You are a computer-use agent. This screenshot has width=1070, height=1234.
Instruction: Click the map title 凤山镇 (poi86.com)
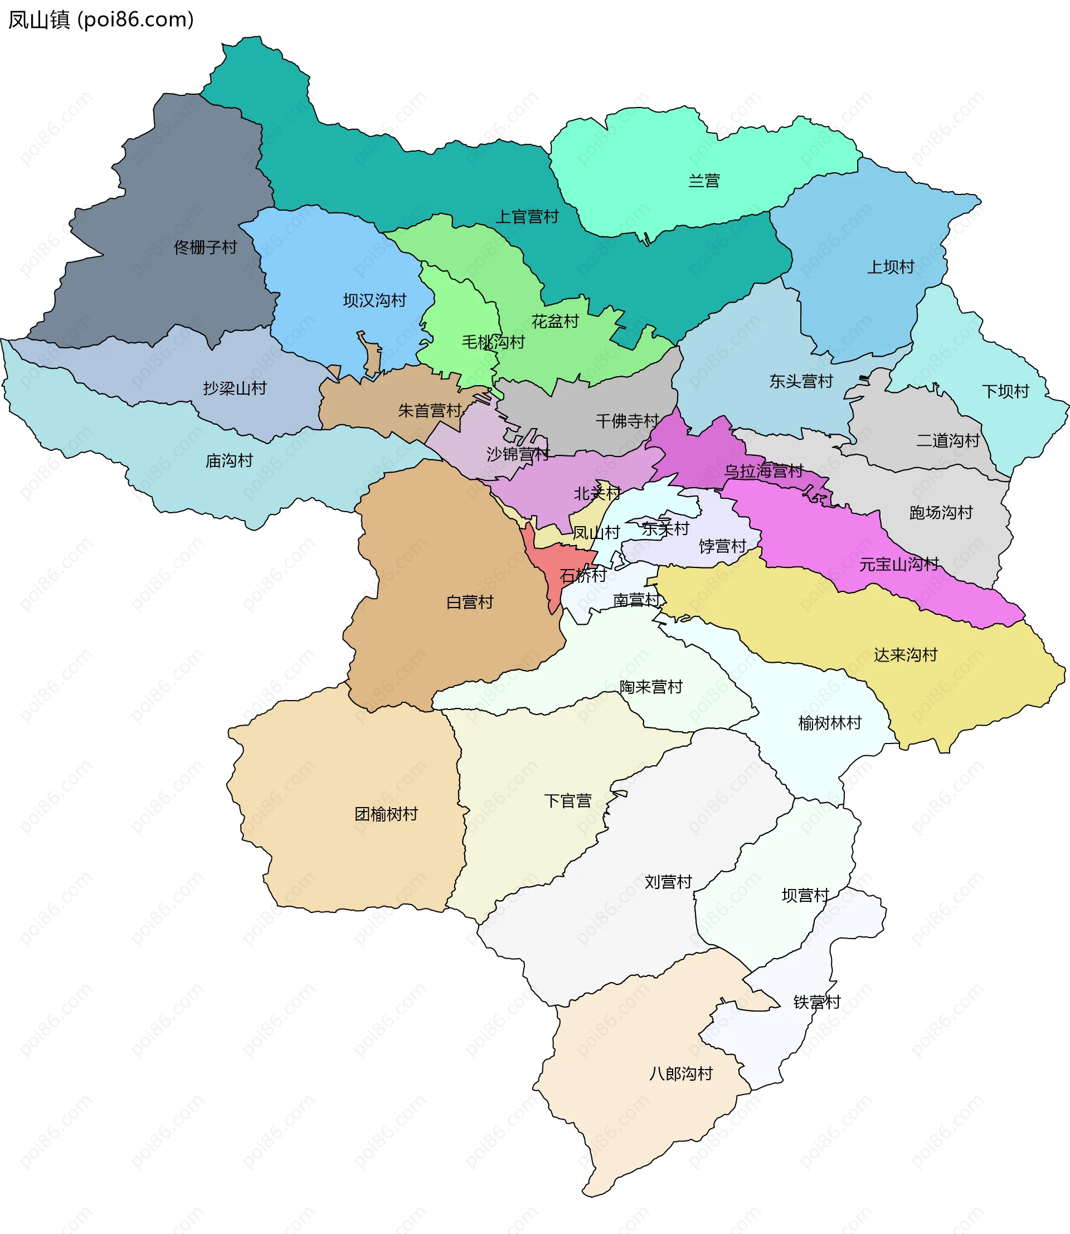click(x=100, y=20)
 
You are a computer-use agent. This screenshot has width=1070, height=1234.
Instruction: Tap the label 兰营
click(x=704, y=181)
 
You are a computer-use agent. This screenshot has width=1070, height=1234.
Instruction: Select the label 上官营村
click(x=527, y=216)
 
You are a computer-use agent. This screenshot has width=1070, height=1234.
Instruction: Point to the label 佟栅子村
click(x=206, y=247)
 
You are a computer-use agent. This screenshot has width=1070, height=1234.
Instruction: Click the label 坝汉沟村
click(x=374, y=300)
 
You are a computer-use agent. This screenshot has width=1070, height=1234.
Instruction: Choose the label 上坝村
click(x=891, y=266)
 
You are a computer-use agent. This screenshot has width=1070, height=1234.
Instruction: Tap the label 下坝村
click(x=1005, y=391)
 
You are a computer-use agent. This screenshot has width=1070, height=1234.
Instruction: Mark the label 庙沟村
click(x=229, y=460)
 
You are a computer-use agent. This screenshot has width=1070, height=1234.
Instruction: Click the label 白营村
click(x=469, y=601)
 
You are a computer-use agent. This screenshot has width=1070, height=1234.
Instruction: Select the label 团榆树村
click(x=386, y=814)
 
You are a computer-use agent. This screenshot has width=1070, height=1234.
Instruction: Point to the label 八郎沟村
click(x=680, y=1073)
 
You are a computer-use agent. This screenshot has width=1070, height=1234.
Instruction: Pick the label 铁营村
click(x=816, y=1002)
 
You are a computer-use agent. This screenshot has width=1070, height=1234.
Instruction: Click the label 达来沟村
click(x=905, y=655)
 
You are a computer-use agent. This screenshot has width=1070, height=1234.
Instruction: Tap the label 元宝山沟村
click(x=898, y=564)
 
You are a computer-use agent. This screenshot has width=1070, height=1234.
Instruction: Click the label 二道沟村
click(x=948, y=440)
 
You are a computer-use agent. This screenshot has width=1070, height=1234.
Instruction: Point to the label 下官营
click(x=567, y=800)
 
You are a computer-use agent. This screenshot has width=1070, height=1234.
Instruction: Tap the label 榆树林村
click(x=829, y=723)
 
